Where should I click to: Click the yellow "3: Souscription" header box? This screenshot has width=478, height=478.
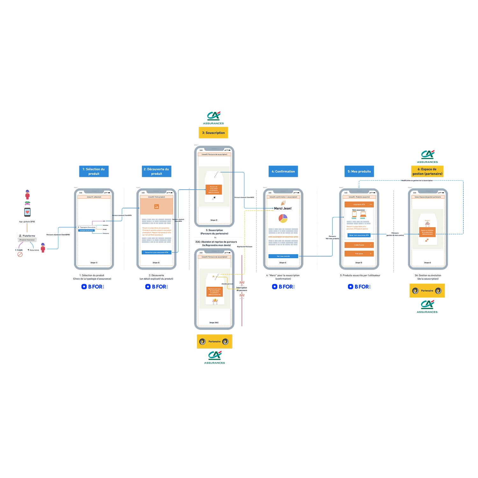(213, 133)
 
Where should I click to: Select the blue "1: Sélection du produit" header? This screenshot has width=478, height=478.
(94, 171)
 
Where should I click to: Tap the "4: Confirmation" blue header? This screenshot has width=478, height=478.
(283, 171)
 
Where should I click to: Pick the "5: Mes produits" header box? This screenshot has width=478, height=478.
(359, 171)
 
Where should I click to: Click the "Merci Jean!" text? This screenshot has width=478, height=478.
(283, 208)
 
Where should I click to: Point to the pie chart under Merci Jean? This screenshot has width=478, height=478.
(283, 218)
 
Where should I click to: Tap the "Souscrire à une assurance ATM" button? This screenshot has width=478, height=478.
(156, 252)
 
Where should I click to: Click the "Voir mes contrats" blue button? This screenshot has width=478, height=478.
(283, 256)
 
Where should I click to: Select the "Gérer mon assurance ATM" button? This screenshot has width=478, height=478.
(359, 235)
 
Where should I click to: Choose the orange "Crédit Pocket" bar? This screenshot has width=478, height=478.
(359, 245)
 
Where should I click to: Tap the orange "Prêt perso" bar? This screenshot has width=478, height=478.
(359, 254)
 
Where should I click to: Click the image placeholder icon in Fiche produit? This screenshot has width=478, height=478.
(156, 206)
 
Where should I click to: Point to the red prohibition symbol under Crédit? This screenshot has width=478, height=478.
(20, 254)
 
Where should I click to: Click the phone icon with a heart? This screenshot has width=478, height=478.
(27, 212)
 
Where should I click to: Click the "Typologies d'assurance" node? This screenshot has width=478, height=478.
(87, 227)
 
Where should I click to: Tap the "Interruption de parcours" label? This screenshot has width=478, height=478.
(242, 289)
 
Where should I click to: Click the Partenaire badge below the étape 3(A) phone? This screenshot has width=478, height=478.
(214, 342)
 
